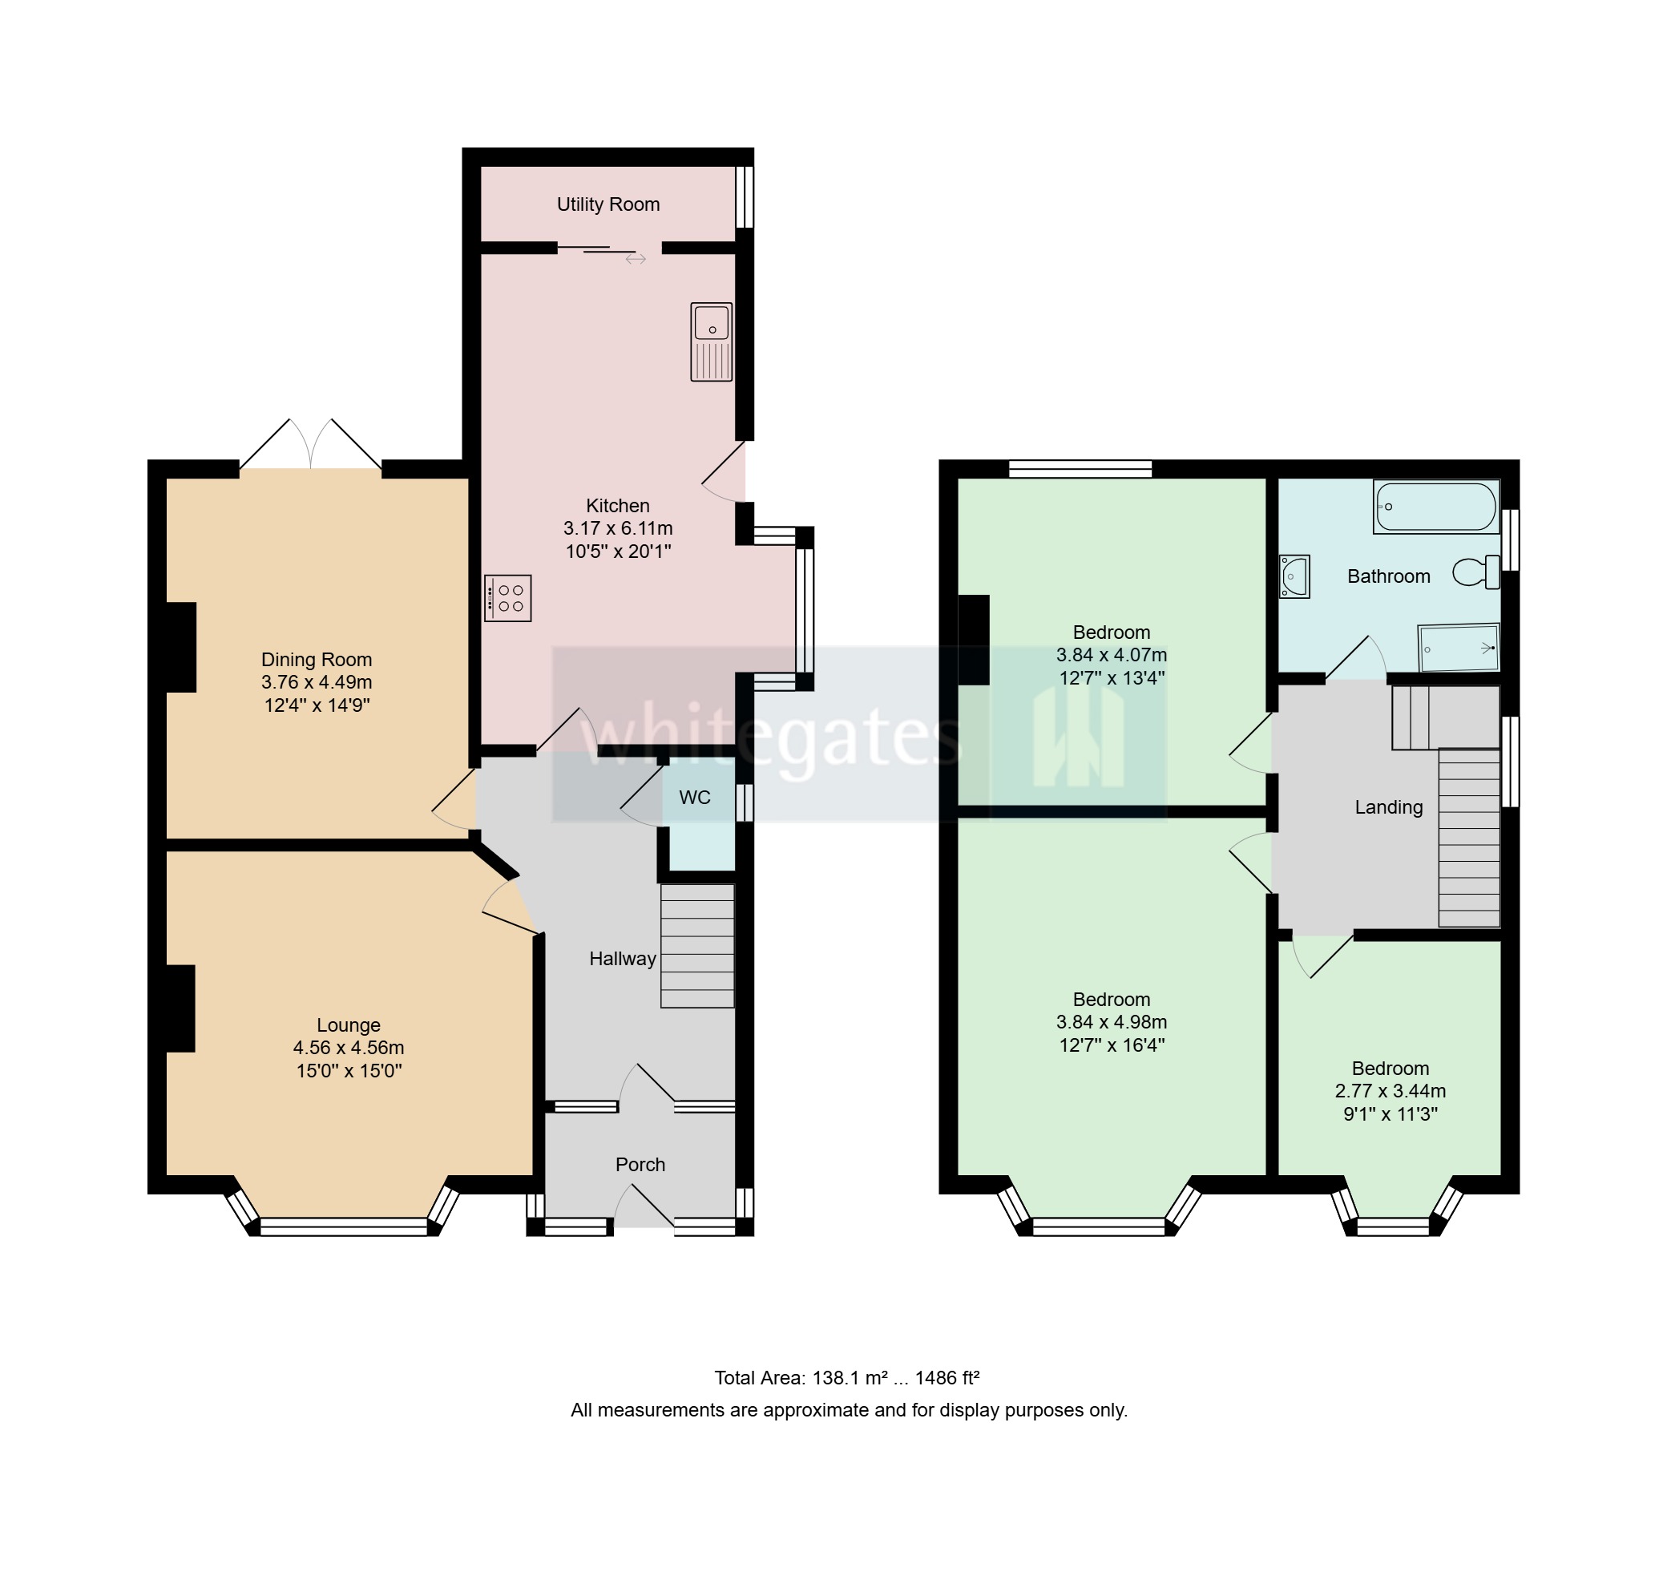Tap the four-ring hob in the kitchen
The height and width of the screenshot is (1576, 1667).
[508, 598]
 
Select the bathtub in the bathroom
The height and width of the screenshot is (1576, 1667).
[1436, 507]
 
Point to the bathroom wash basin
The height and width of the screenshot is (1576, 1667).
[1294, 576]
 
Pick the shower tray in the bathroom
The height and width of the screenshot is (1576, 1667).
[1459, 647]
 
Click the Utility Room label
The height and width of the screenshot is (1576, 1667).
[608, 204]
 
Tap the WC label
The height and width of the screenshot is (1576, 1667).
[695, 798]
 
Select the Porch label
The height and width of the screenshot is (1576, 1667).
[640, 1164]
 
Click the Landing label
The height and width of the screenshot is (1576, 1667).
[1388, 807]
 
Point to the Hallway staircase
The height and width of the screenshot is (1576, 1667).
[697, 945]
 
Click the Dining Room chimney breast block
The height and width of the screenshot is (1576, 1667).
[180, 647]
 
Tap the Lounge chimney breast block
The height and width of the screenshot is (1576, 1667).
[180, 1008]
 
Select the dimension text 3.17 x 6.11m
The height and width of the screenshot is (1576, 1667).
[617, 528]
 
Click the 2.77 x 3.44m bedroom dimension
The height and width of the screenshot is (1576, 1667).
[1390, 1091]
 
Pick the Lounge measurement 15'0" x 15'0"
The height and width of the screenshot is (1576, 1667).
[349, 1071]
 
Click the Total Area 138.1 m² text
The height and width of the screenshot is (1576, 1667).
[846, 1378]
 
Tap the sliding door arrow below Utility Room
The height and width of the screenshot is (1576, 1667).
[635, 259]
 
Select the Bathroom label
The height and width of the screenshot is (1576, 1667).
[1388, 576]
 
